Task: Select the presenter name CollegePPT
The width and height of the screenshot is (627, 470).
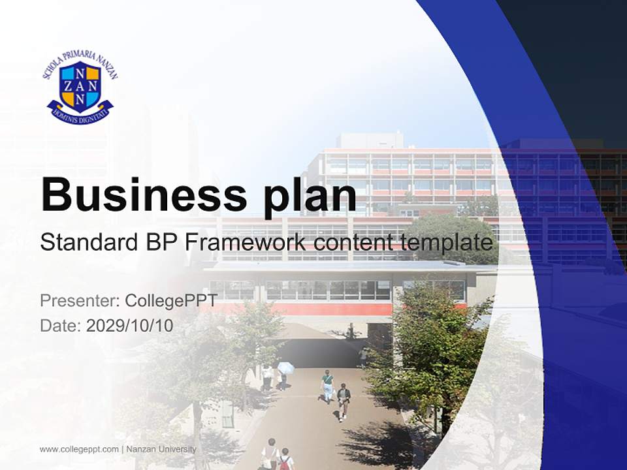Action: point(170,301)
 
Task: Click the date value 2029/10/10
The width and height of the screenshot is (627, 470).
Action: point(129,326)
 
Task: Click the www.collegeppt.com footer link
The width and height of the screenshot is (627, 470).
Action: point(79,449)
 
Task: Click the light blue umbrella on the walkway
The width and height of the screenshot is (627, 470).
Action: point(286,368)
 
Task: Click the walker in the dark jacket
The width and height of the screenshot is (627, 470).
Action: point(344,399)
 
